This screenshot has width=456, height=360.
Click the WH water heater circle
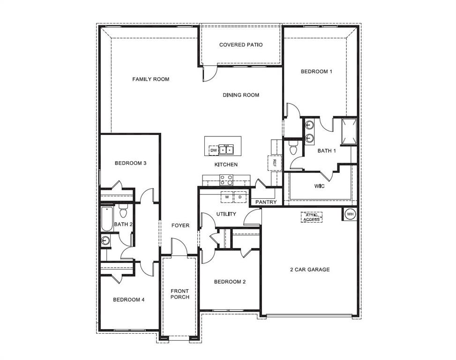point(350,214)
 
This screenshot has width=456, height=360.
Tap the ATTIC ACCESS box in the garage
point(312,217)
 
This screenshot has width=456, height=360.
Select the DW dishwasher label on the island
point(214,150)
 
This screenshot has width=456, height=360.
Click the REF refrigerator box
point(275,162)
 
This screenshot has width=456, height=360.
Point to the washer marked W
point(227,197)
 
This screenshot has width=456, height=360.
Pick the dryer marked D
point(240,197)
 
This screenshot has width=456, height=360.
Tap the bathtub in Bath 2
point(107,219)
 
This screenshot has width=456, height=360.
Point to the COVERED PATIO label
point(241,45)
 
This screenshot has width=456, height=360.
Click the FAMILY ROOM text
point(150,79)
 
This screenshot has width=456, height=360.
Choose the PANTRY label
point(266,202)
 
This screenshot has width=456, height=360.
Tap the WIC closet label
point(320,186)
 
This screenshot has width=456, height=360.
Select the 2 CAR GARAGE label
point(309,270)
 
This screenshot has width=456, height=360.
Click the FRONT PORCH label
point(179,294)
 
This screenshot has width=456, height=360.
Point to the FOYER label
point(180,225)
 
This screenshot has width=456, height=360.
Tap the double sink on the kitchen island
point(227,150)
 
